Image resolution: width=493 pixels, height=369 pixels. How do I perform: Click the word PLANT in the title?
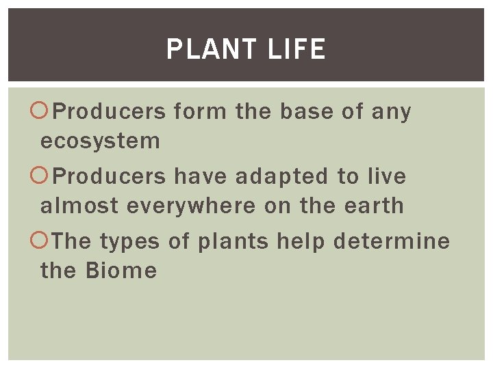(x=210, y=49)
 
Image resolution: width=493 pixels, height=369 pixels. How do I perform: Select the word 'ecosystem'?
(x=100, y=141)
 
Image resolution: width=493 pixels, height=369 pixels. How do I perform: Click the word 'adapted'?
(x=282, y=176)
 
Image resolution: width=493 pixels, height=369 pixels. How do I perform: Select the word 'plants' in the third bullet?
(x=234, y=242)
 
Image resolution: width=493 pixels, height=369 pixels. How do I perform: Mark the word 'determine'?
(x=392, y=241)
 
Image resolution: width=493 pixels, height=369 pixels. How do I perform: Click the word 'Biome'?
(x=121, y=271)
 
